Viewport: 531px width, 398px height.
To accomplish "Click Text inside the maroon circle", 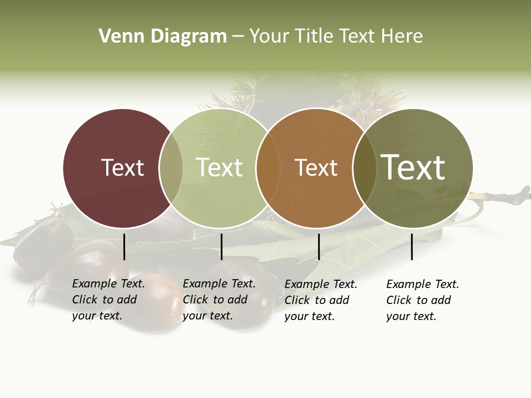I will pyautogui.click(x=122, y=167).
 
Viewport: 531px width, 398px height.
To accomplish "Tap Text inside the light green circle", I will pyautogui.click(x=219, y=167).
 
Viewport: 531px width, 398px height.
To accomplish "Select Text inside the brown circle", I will pyautogui.click(x=316, y=167).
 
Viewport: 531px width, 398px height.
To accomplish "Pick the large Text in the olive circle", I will pyautogui.click(x=413, y=167).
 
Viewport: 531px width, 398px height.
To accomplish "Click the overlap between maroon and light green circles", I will pyautogui.click(x=171, y=168).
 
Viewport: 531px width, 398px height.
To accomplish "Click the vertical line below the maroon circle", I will pyautogui.click(x=124, y=247).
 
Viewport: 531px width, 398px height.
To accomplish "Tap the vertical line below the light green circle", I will pyautogui.click(x=221, y=247).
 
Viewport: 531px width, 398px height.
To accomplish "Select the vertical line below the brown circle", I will pyautogui.click(x=319, y=247).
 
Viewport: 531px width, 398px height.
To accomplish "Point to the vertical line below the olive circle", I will pyautogui.click(x=412, y=247).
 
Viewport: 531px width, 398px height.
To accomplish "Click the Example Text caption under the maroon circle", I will pyautogui.click(x=108, y=300).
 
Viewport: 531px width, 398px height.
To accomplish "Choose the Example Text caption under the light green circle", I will pyautogui.click(x=219, y=300).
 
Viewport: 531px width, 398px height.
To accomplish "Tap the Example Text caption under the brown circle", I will pyautogui.click(x=321, y=300).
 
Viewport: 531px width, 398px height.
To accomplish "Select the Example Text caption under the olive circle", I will pyautogui.click(x=423, y=300).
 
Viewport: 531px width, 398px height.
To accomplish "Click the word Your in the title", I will pyautogui.click(x=268, y=36).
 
